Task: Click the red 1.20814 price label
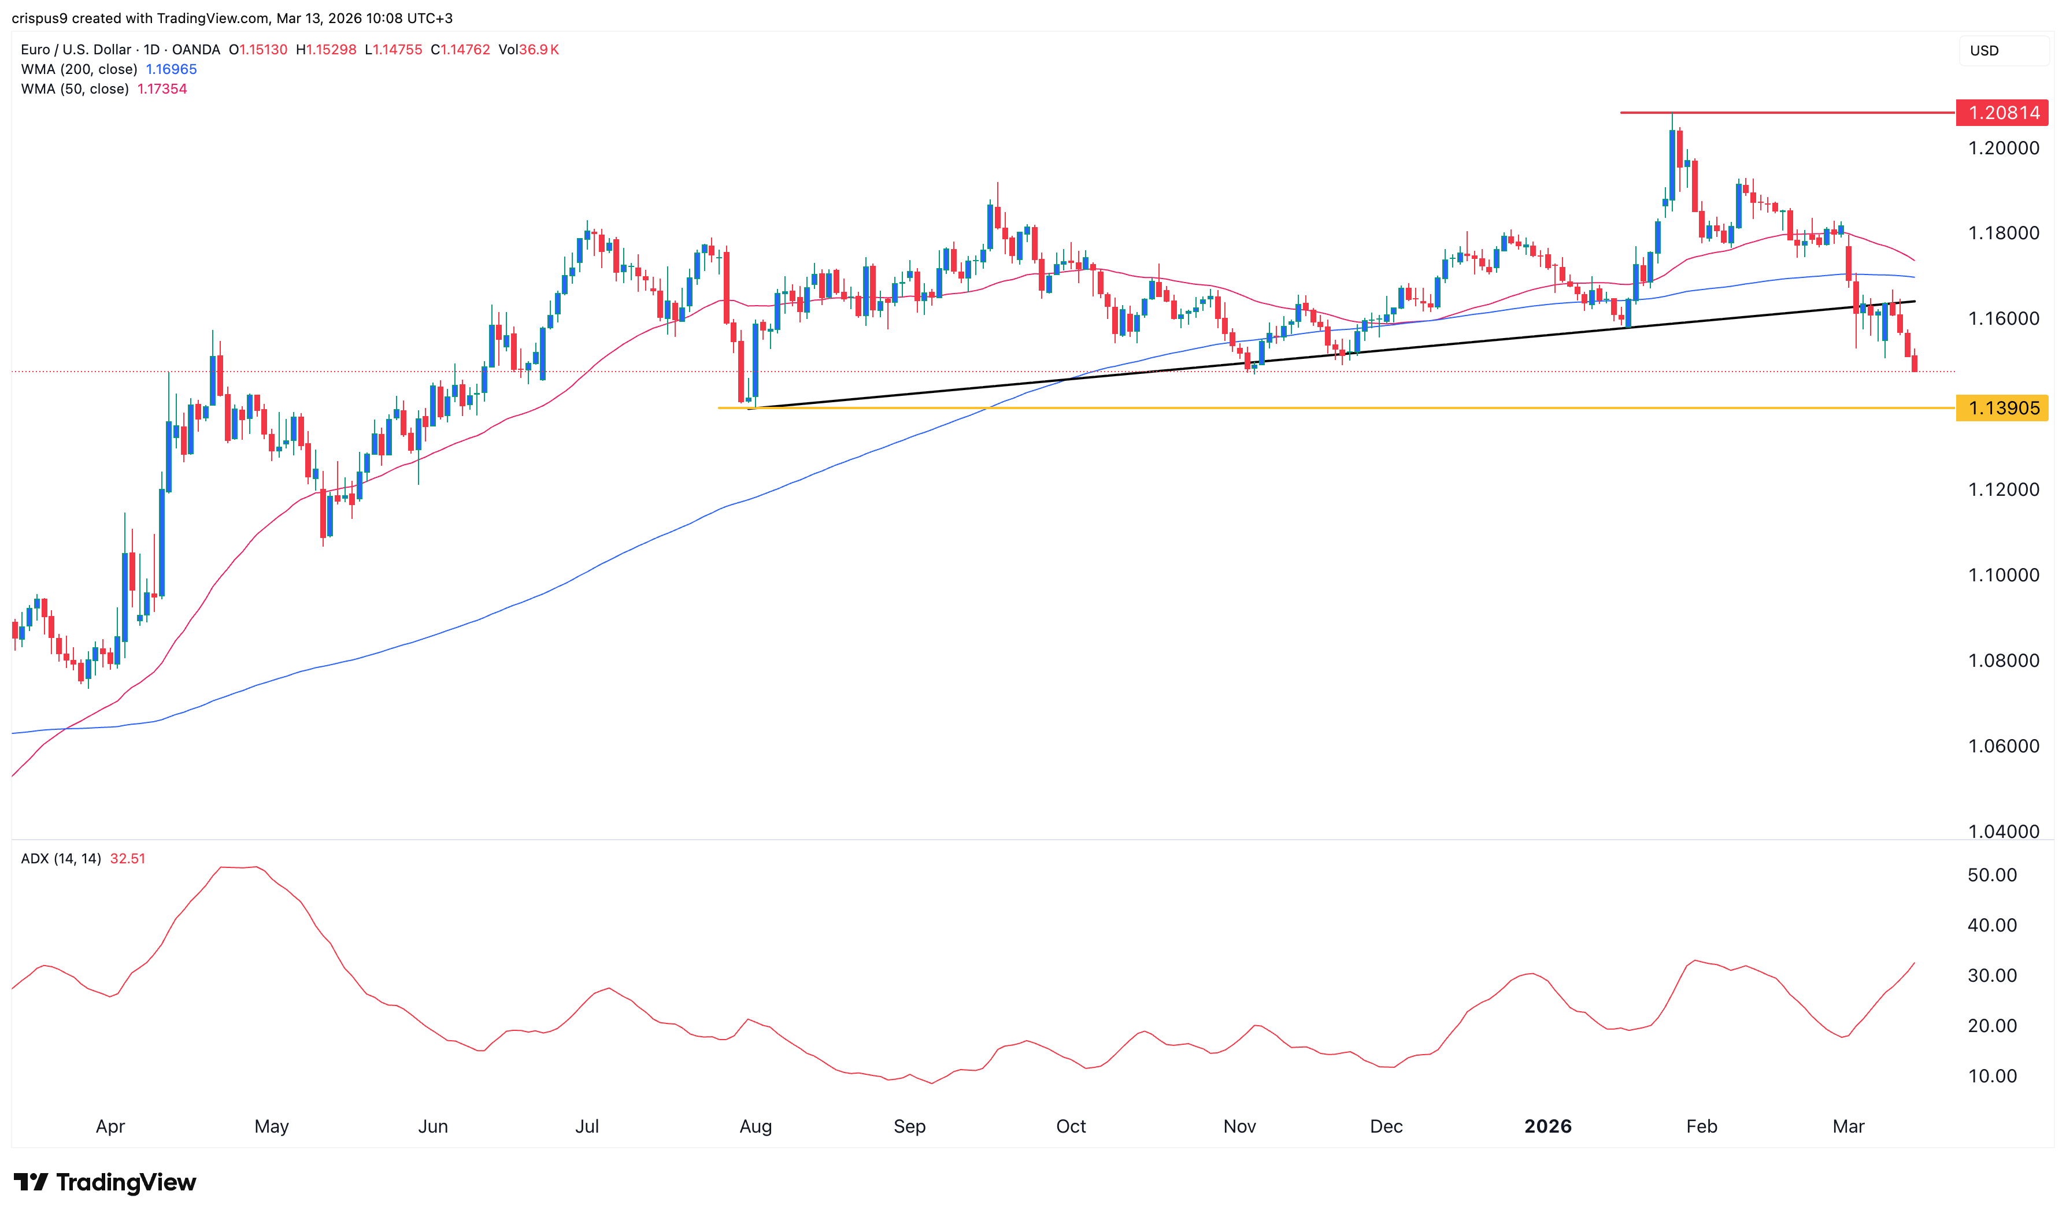point(2001,112)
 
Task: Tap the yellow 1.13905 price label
point(2001,407)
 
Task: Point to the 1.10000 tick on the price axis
point(2003,575)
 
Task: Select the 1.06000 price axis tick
point(2003,746)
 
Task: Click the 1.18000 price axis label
point(2003,233)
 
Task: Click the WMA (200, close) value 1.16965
point(172,69)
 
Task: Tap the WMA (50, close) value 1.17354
point(162,88)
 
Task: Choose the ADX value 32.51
point(127,859)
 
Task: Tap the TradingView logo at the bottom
point(105,1182)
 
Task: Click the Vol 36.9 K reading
point(529,49)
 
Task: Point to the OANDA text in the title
point(196,49)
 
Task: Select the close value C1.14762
point(460,49)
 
